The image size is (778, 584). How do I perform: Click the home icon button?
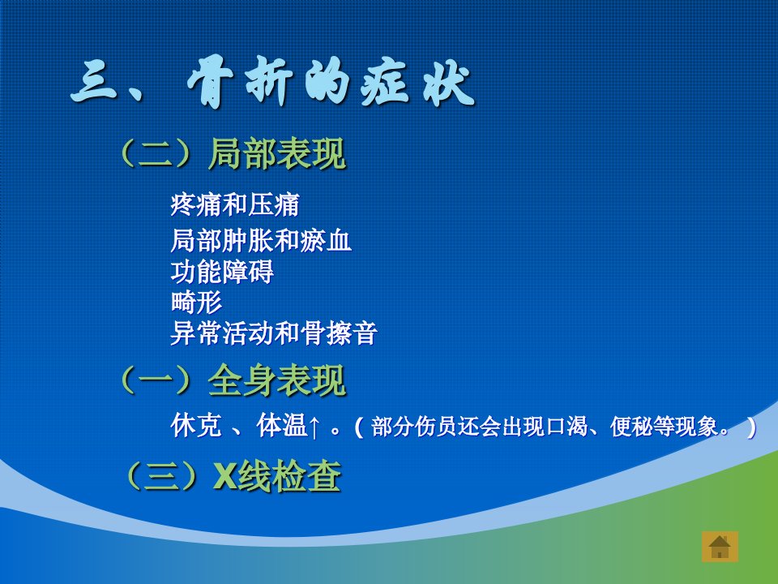pyautogui.click(x=720, y=547)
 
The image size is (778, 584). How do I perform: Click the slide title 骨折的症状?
pyautogui.click(x=330, y=83)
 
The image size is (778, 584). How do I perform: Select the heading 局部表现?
pyautogui.click(x=277, y=154)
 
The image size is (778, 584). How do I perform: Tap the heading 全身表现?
pyautogui.click(x=277, y=380)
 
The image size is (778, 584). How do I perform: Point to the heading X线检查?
pyautogui.click(x=277, y=476)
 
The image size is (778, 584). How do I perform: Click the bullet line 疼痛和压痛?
pyautogui.click(x=235, y=204)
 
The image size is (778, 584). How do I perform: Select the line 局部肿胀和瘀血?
pyautogui.click(x=260, y=240)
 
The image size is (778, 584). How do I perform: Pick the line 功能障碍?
pyautogui.click(x=222, y=272)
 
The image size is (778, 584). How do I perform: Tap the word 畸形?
pyautogui.click(x=196, y=303)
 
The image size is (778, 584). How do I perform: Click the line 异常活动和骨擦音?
pyautogui.click(x=273, y=333)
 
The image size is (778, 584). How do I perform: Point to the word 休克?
pyautogui.click(x=195, y=426)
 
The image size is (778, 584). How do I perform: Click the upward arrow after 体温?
pyautogui.click(x=314, y=427)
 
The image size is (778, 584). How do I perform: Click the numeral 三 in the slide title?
pyautogui.click(x=95, y=83)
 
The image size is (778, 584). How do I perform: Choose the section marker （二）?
pyautogui.click(x=156, y=154)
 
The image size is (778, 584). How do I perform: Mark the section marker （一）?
pyautogui.click(x=156, y=380)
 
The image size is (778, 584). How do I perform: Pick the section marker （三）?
pyautogui.click(x=162, y=476)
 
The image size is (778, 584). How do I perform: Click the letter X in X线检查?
pyautogui.click(x=224, y=476)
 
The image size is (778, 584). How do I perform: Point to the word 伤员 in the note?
pyautogui.click(x=437, y=427)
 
